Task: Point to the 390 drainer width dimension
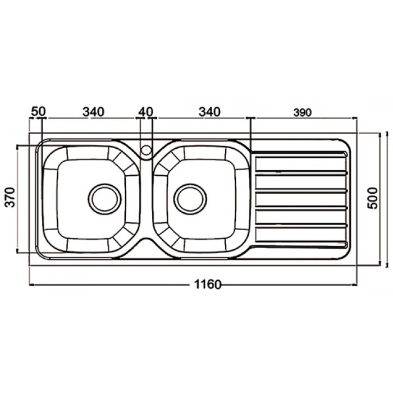(x=301, y=112)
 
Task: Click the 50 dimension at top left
(x=38, y=112)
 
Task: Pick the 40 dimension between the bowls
(x=145, y=112)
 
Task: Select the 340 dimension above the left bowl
(x=93, y=112)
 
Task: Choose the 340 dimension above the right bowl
(x=209, y=112)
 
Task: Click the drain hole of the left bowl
(x=104, y=199)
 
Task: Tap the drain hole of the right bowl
(x=191, y=199)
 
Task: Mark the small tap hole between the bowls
(x=146, y=150)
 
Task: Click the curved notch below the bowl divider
(x=146, y=242)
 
